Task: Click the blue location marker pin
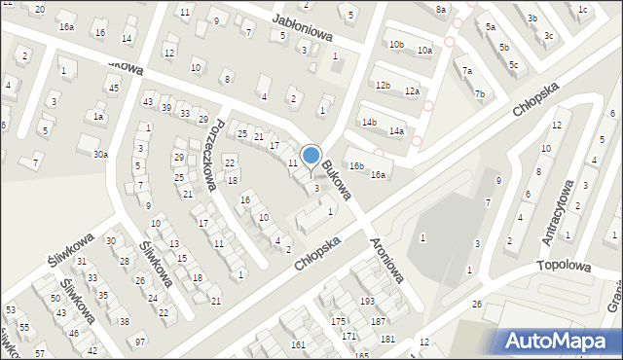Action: pyautogui.click(x=311, y=156)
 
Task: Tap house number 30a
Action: pyautogui.click(x=100, y=154)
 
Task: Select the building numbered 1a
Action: pyautogui.click(x=98, y=116)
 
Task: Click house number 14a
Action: pyautogui.click(x=396, y=130)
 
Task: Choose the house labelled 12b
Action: pyautogui.click(x=383, y=86)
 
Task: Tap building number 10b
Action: pyautogui.click(x=396, y=45)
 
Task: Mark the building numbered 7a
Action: pyautogui.click(x=467, y=70)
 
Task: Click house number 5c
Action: pyautogui.click(x=513, y=65)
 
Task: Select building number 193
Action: pyautogui.click(x=367, y=302)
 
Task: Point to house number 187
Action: pyautogui.click(x=379, y=321)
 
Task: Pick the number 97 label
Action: pyautogui.click(x=140, y=342)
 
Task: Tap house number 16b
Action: pyautogui.click(x=357, y=166)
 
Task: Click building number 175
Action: pyautogui.click(x=338, y=321)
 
